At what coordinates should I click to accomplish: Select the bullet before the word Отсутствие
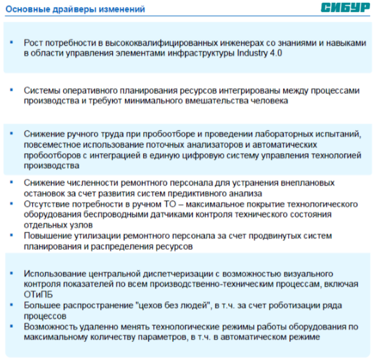(12, 204)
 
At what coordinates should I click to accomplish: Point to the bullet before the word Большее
(12, 305)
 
